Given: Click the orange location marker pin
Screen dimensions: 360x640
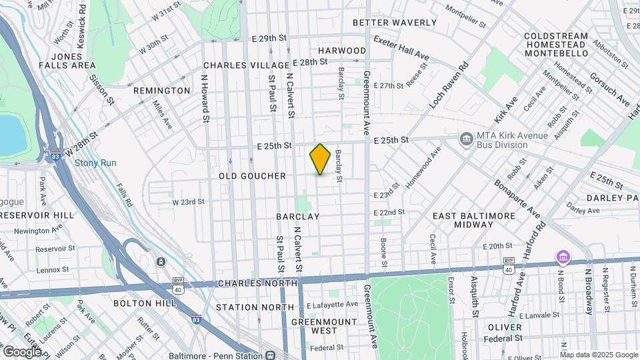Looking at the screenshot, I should click(320, 159).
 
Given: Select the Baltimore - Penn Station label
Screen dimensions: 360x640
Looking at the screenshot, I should click(219, 355).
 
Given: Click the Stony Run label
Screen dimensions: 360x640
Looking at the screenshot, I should click(95, 162).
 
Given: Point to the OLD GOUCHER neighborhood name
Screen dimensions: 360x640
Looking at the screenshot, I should click(252, 176).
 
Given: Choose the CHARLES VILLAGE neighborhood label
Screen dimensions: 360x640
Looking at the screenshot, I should click(245, 65).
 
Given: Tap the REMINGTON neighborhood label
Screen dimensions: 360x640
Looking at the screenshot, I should click(161, 90).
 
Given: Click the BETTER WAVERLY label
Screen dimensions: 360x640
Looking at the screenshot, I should click(394, 23).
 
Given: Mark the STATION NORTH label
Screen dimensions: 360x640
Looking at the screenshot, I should click(255, 307).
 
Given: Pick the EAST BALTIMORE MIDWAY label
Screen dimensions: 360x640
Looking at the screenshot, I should click(474, 221).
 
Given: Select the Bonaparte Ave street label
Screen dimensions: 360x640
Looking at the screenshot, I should click(517, 197).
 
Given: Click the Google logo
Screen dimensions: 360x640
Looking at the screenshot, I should click(21, 351).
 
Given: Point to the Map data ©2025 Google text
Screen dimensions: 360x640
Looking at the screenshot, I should click(598, 355).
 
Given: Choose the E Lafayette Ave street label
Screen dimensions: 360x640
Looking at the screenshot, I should click(333, 304).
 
